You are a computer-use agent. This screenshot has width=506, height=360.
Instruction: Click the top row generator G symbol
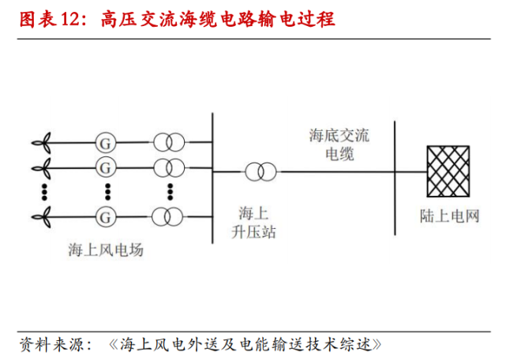coord(103,143)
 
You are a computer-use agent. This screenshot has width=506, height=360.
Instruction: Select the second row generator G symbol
coord(103,167)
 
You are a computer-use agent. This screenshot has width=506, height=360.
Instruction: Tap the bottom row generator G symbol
coord(103,216)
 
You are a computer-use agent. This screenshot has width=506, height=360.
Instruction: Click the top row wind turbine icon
coord(44,143)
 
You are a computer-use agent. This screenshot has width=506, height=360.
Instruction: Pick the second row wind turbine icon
coord(44,167)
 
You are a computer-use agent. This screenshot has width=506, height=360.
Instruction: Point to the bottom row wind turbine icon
coord(44,216)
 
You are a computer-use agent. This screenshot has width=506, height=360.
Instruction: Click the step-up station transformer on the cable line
coord(260,171)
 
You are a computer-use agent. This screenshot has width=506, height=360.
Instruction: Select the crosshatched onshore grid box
coord(449,171)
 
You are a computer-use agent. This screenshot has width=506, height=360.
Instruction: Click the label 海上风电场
coord(106,250)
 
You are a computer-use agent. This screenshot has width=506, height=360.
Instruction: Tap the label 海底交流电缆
coord(339,144)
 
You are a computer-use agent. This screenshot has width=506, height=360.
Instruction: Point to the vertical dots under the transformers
coord(169,191)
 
